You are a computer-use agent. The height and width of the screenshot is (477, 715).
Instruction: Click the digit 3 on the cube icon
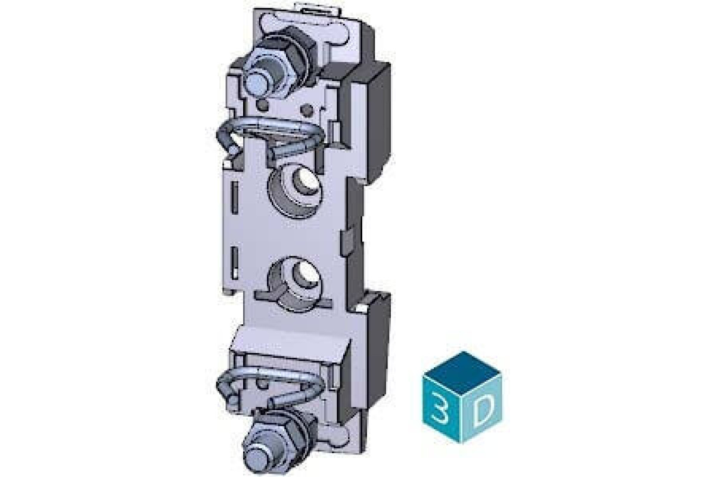click(442, 410)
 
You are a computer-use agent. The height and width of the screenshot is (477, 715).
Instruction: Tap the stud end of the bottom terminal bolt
click(256, 460)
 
